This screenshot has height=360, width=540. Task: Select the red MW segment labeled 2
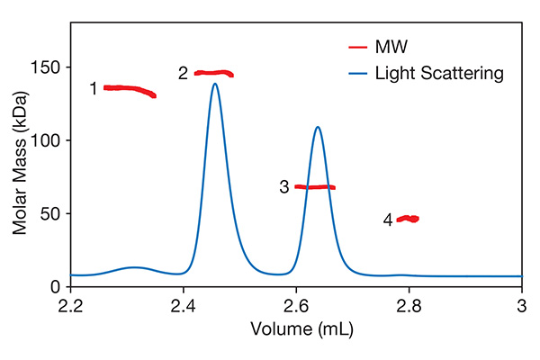tap(214, 73)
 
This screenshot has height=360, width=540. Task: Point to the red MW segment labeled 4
tap(409, 219)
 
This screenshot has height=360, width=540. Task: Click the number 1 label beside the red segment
tap(93, 89)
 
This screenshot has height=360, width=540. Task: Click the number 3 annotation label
tap(284, 187)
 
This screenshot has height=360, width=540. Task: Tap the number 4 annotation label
tap(388, 220)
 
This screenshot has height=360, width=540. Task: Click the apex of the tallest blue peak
tap(215, 84)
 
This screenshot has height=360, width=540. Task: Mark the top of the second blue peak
tap(318, 127)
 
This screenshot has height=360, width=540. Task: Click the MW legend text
tap(389, 46)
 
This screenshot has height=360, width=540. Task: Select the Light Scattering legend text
tap(438, 73)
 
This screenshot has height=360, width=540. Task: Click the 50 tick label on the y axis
tap(52, 213)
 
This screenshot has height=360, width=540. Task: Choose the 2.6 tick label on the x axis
tap(296, 303)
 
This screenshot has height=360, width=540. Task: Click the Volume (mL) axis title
tap(296, 329)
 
